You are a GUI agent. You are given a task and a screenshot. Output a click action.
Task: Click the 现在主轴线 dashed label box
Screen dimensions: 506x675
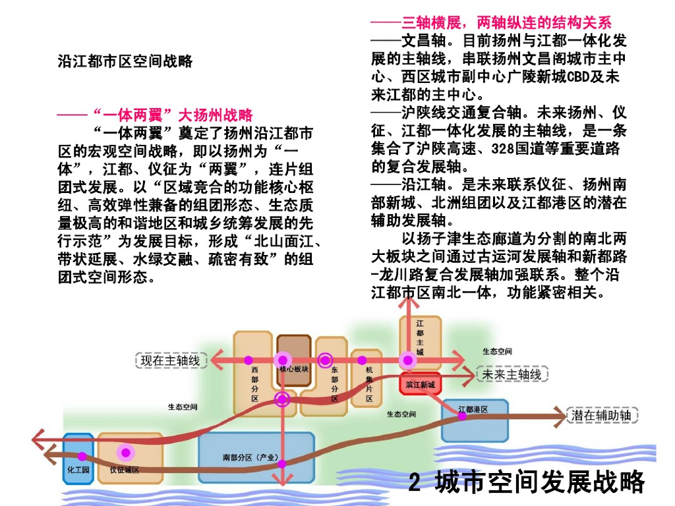[171, 360]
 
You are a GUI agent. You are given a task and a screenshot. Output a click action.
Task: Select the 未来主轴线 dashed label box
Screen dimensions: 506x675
[512, 374]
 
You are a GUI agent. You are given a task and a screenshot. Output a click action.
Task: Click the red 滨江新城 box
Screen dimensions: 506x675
[420, 384]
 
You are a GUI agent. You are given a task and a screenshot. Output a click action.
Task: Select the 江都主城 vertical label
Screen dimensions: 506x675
[420, 338]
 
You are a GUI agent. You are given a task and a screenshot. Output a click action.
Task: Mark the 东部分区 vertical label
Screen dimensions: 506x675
[334, 384]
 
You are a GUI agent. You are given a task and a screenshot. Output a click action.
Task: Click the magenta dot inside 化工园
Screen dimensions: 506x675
[82, 456]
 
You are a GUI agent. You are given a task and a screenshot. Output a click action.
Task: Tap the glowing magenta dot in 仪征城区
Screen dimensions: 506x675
[125, 453]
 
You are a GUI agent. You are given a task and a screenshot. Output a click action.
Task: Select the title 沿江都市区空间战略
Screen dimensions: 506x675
[125, 61]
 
